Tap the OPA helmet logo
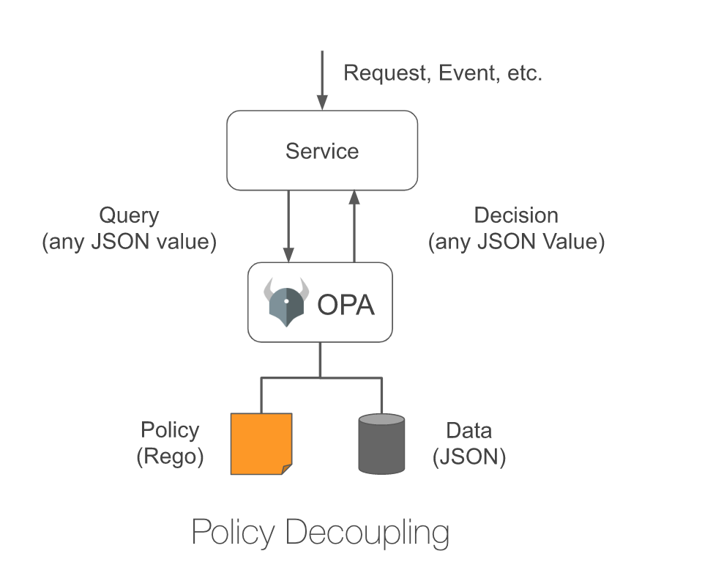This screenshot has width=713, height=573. (x=286, y=302)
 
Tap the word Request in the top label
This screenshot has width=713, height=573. (x=384, y=73)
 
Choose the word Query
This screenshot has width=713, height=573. (x=129, y=215)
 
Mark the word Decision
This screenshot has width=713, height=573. (x=516, y=215)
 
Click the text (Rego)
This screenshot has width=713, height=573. (x=170, y=456)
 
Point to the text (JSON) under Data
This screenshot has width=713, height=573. (x=469, y=456)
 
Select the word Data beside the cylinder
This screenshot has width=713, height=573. (x=469, y=430)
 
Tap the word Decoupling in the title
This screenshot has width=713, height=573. (x=367, y=533)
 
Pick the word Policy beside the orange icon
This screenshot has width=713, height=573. (x=170, y=430)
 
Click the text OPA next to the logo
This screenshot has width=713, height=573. (x=346, y=304)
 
